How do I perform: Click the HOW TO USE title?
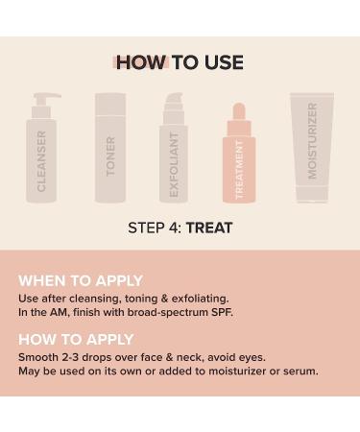(x=180, y=63)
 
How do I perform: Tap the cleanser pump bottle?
(x=43, y=158)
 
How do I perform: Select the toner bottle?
(x=109, y=154)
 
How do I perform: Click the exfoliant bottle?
(x=174, y=158)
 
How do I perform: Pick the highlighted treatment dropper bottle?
(x=240, y=163)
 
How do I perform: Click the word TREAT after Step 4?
(x=209, y=228)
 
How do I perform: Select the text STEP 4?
(x=155, y=228)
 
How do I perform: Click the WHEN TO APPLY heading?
(x=81, y=280)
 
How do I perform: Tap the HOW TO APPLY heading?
(x=76, y=340)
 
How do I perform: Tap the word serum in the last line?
(x=300, y=371)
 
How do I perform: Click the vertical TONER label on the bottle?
(x=110, y=156)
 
